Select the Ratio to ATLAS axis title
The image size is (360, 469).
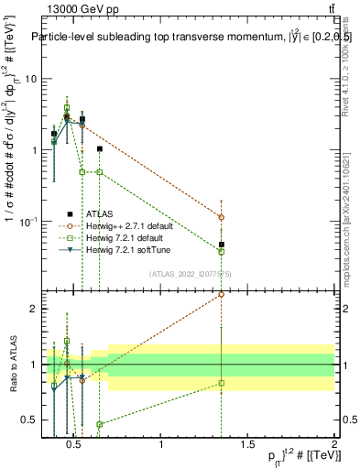pyautogui.click(x=13, y=365)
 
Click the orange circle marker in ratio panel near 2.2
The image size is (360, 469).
pyautogui.click(x=221, y=295)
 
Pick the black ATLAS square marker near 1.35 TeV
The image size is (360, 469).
pyautogui.click(x=221, y=245)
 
